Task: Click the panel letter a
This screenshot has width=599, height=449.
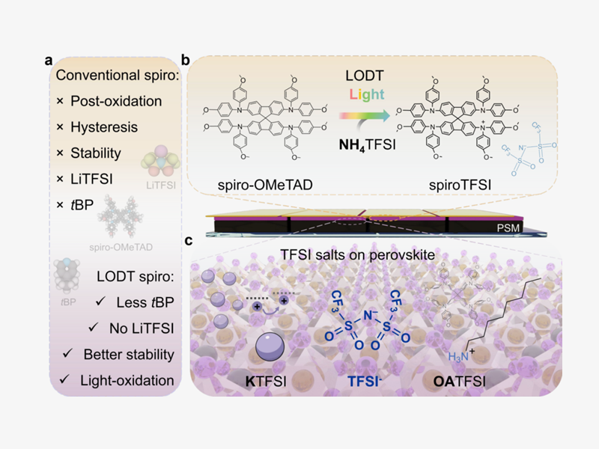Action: pos(47,61)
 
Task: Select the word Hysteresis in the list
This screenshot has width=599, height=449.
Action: pos(104,127)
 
